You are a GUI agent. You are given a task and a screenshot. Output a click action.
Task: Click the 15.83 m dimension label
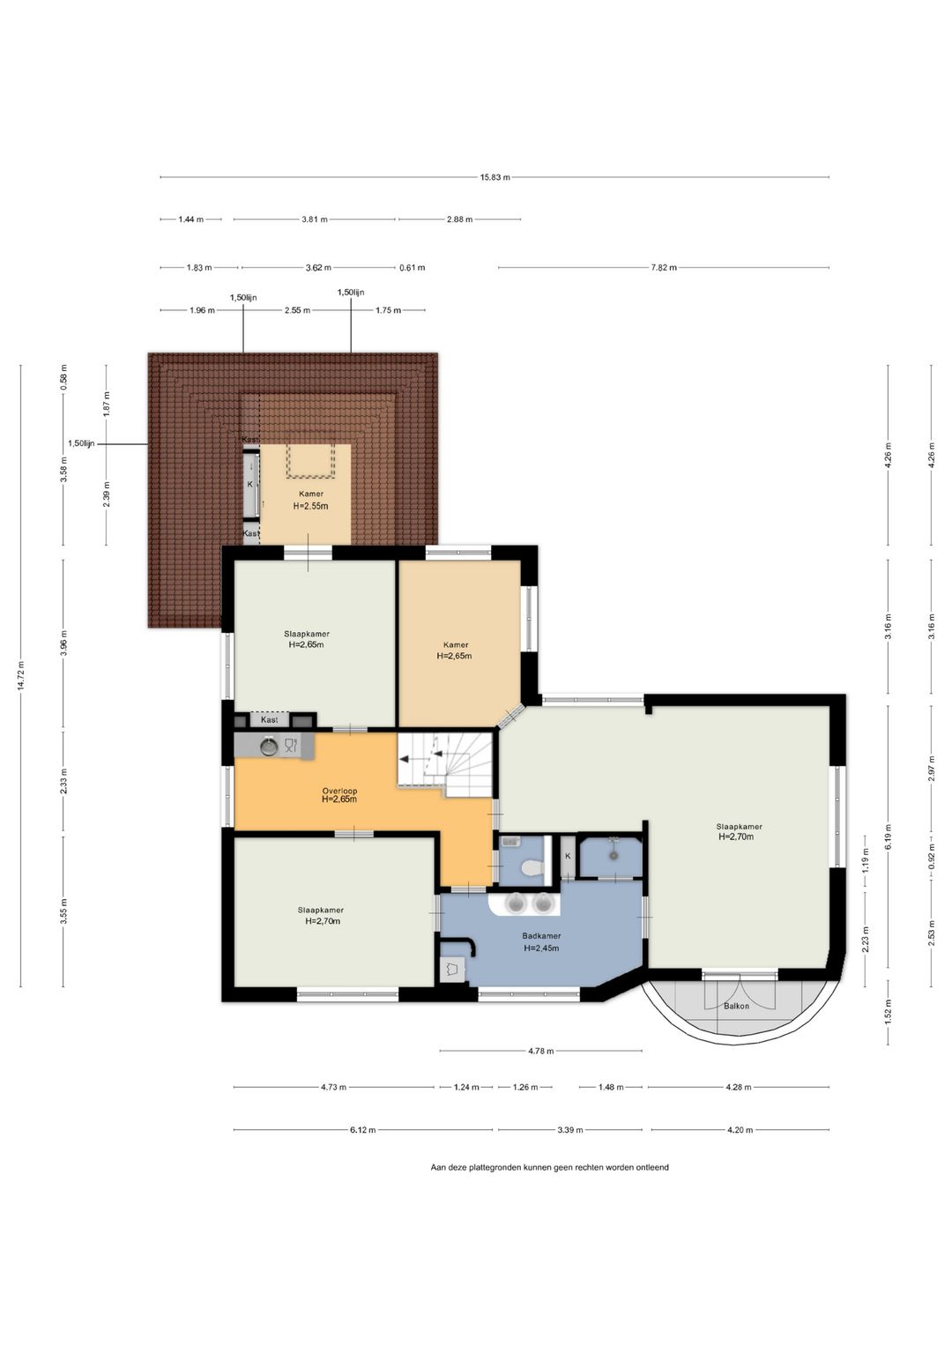pyautogui.click(x=495, y=177)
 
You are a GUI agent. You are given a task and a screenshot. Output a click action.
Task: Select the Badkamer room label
pyautogui.click(x=541, y=935)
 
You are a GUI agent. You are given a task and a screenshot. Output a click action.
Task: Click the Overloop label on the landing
pyautogui.click(x=339, y=791)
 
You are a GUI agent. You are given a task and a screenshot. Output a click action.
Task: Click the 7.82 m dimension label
pyautogui.click(x=664, y=267)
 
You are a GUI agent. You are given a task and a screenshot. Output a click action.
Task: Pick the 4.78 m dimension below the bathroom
pyautogui.click(x=541, y=1051)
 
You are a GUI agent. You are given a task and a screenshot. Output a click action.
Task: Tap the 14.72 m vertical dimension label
pyautogui.click(x=21, y=677)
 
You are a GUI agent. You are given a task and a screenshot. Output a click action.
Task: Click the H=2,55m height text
pyautogui.click(x=310, y=506)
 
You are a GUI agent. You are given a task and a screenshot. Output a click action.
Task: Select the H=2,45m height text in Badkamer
pyautogui.click(x=541, y=948)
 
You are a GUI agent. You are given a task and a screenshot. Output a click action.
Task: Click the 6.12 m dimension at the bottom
pyautogui.click(x=363, y=1130)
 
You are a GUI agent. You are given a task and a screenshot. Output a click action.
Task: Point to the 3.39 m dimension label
pyautogui.click(x=569, y=1130)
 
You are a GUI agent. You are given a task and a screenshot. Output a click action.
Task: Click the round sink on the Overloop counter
pyautogui.click(x=269, y=747)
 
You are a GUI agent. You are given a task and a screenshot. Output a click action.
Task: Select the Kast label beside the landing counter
pyautogui.click(x=269, y=719)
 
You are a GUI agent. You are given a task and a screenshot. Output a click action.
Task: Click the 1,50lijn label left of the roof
pyautogui.click(x=81, y=443)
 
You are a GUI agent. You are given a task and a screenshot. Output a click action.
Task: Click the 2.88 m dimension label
pyautogui.click(x=459, y=219)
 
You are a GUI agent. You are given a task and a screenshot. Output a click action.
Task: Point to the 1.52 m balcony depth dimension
pyautogui.click(x=889, y=1010)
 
